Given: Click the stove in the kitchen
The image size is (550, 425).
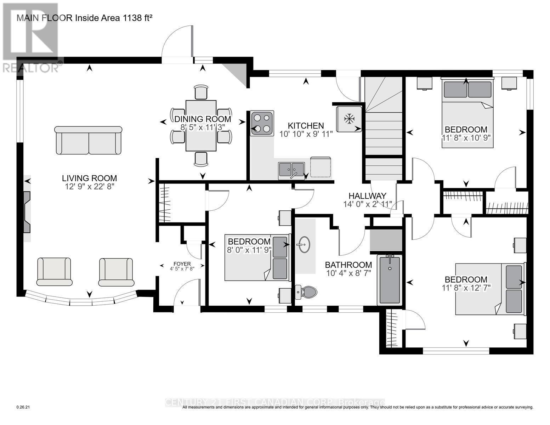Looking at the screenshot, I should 262,123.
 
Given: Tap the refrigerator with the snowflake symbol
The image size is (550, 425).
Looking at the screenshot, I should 349,119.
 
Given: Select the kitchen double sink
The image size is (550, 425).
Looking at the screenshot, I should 291,170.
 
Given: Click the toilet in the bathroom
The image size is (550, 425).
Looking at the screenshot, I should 306,292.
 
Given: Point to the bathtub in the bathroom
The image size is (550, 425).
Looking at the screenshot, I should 390,280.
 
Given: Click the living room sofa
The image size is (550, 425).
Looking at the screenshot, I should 89,141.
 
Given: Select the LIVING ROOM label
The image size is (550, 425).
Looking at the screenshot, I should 90,178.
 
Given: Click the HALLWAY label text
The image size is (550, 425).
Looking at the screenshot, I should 367,196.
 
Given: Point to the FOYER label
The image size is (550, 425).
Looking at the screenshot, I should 182,264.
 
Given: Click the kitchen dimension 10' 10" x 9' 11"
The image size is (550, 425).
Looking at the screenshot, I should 306,134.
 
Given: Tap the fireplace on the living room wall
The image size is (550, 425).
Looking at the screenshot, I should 27,212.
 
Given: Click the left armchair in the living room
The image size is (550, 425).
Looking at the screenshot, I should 54,272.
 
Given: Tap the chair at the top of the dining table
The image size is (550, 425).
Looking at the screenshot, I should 201,92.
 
